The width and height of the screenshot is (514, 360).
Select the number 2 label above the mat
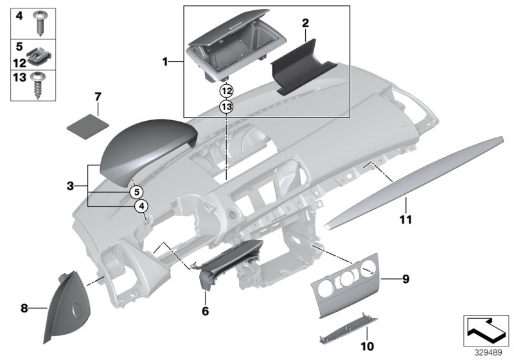[x=306, y=24]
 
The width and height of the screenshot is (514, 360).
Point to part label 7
[x=98, y=96]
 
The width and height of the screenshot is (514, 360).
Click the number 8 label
[x=24, y=309]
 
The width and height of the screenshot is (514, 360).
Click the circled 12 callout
[x=226, y=91]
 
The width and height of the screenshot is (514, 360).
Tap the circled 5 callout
[x=136, y=191]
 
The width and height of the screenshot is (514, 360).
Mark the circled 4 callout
[x=141, y=206]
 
